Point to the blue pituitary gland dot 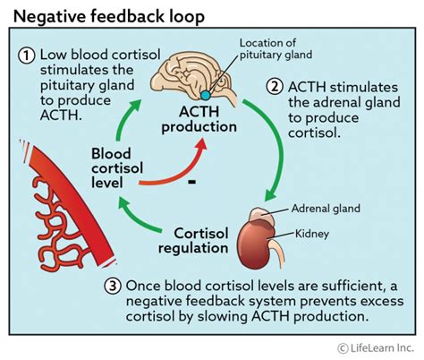[207, 94]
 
